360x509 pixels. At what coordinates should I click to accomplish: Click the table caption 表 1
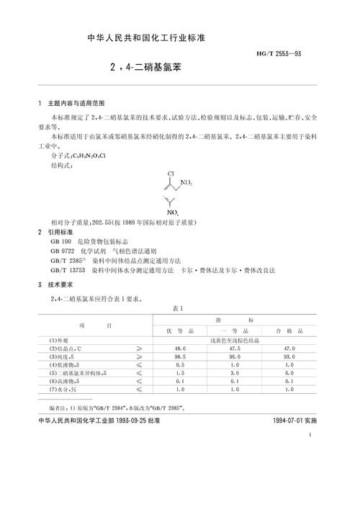(x=179, y=307)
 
